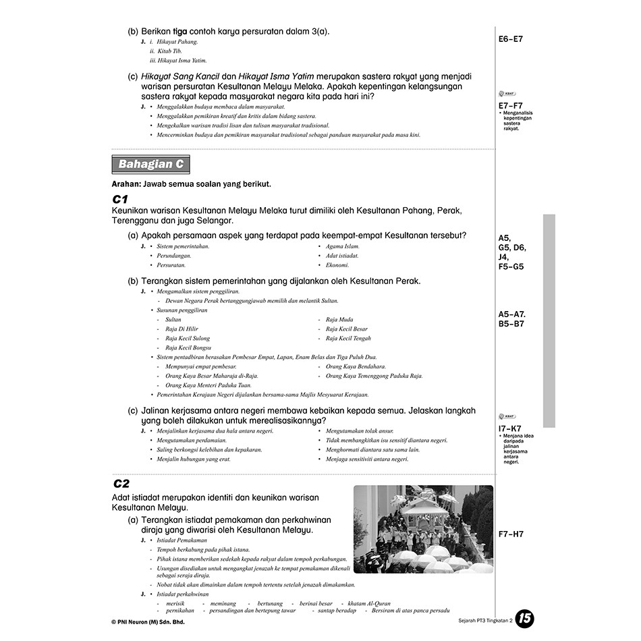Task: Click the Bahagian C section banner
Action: [x=150, y=165]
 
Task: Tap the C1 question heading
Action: [x=120, y=199]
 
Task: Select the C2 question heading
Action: [x=121, y=483]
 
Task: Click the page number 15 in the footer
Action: [x=524, y=619]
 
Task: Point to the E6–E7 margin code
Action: [x=511, y=39]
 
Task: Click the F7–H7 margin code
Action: [x=511, y=534]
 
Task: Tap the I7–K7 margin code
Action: [x=510, y=428]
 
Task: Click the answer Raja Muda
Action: [x=339, y=320]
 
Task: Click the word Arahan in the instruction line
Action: [x=126, y=184]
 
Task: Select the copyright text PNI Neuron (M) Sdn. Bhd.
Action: [x=148, y=622]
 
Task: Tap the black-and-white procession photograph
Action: [x=423, y=529]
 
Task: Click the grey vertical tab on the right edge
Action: [x=549, y=320]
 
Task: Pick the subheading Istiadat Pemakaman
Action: [x=182, y=540]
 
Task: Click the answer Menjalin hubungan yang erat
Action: [x=194, y=459]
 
